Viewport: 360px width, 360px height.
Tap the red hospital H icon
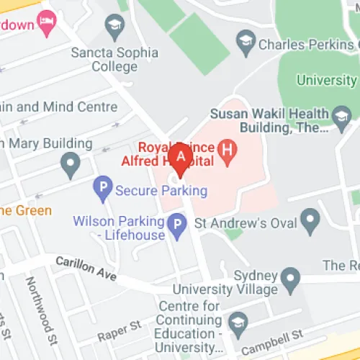pyautogui.click(x=229, y=150)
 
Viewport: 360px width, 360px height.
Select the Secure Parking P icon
pyautogui.click(x=103, y=191)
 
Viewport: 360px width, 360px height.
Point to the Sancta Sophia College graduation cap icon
pyautogui.click(x=114, y=30)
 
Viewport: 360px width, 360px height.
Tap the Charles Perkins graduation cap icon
pyautogui.click(x=247, y=42)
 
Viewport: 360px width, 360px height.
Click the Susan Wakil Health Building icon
pyautogui.click(x=341, y=114)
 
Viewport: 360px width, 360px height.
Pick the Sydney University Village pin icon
pyautogui.click(x=290, y=276)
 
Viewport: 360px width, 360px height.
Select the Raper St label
pyautogui.click(x=120, y=330)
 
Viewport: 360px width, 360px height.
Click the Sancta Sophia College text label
pyautogui.click(x=104, y=59)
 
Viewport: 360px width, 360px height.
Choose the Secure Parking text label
pyautogui.click(x=161, y=191)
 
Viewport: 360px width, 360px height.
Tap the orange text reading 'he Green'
pyautogui.click(x=26, y=210)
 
